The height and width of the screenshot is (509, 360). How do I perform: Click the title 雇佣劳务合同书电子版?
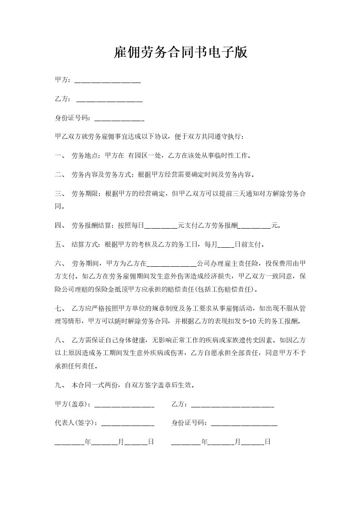[x=180, y=53]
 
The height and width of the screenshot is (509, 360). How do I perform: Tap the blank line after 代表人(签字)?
[x=128, y=423]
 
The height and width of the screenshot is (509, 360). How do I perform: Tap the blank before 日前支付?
[x=226, y=245]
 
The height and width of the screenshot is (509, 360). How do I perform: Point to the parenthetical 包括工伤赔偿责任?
[x=224, y=289]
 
